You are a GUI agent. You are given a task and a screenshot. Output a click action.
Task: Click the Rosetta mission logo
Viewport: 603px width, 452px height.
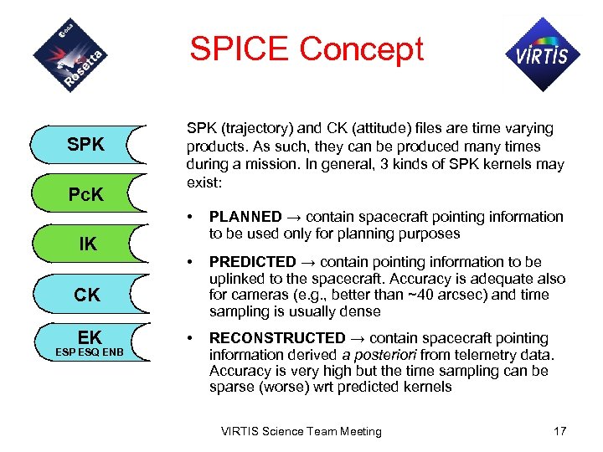[x=71, y=54]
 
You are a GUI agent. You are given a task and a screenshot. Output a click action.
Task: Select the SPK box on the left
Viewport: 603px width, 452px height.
[x=85, y=145]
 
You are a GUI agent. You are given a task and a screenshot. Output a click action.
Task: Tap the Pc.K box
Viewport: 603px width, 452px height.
[x=85, y=195]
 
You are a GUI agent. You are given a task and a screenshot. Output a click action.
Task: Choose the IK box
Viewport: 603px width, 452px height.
[x=87, y=244]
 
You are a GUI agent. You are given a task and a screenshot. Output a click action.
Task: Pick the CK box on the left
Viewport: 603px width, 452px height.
[x=87, y=295]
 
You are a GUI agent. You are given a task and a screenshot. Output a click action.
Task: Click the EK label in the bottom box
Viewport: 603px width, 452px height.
[x=89, y=337]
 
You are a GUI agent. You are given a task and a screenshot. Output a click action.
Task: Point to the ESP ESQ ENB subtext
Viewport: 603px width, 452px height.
[x=89, y=352]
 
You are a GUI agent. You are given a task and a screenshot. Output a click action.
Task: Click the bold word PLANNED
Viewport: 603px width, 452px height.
[x=245, y=217]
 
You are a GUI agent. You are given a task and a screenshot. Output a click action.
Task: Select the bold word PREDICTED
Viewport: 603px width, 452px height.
[x=252, y=262]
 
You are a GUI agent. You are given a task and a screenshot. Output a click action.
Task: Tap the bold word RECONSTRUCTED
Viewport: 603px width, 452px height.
[x=276, y=338]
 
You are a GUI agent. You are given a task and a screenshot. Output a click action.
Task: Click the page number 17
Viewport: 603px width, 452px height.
[x=559, y=431]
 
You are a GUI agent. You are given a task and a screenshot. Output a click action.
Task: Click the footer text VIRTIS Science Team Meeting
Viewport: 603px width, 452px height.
[x=301, y=431]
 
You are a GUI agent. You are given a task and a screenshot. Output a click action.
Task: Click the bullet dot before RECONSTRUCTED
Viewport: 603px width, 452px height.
[x=193, y=338]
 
